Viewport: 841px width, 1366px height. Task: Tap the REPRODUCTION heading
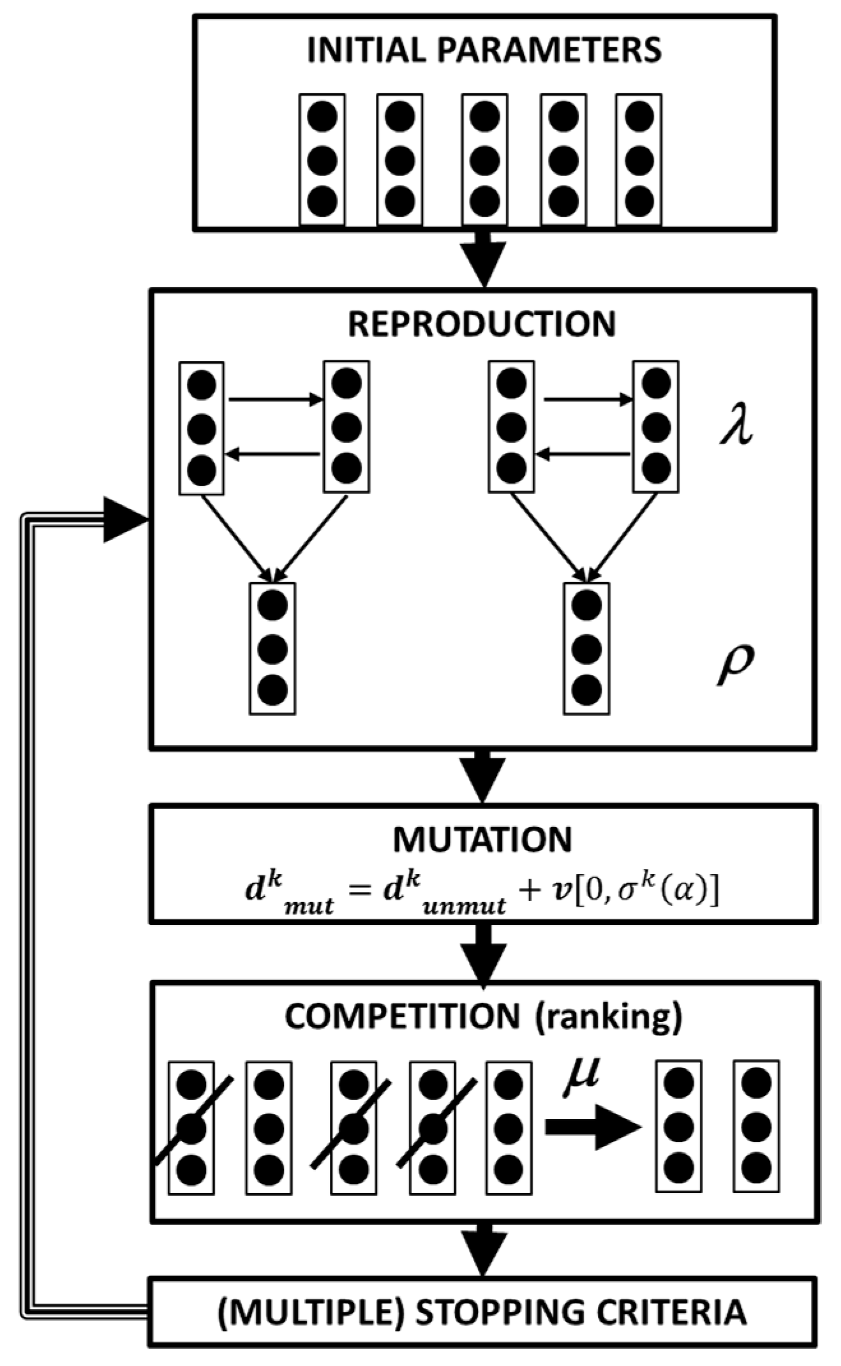[x=482, y=324]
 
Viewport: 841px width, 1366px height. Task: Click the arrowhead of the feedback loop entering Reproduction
[x=124, y=519]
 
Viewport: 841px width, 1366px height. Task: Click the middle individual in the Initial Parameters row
[x=484, y=160]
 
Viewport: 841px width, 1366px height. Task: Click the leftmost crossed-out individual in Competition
[x=191, y=1128]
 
